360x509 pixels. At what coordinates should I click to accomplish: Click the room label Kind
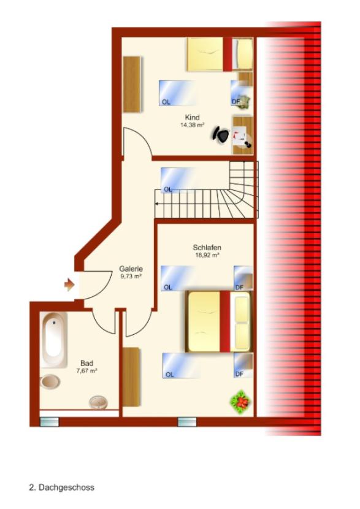click(x=192, y=117)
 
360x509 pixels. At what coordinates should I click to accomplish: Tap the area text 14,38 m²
click(x=192, y=124)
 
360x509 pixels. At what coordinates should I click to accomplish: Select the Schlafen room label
click(x=207, y=248)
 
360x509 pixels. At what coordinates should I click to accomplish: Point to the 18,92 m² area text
click(x=207, y=255)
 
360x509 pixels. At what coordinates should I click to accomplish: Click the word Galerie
click(x=131, y=269)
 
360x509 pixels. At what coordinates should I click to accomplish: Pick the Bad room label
click(x=87, y=363)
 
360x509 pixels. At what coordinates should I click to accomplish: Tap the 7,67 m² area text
click(x=87, y=371)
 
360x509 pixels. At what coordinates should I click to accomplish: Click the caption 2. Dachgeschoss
click(x=62, y=488)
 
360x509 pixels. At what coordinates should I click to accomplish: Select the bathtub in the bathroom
click(x=53, y=340)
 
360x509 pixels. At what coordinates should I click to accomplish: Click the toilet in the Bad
click(x=50, y=381)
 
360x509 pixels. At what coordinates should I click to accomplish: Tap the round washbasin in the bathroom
click(x=98, y=402)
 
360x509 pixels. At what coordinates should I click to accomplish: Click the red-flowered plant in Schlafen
click(x=240, y=402)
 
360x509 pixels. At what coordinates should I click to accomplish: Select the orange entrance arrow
click(x=69, y=285)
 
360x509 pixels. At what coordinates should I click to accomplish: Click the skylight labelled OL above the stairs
click(x=178, y=180)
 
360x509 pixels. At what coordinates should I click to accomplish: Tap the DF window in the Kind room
click(x=241, y=93)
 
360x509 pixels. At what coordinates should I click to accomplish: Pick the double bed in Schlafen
click(x=219, y=322)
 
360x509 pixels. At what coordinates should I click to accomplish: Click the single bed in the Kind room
click(x=220, y=54)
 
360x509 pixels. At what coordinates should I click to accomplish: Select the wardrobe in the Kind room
click(x=132, y=85)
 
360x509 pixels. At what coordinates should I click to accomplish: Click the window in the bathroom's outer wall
click(x=49, y=422)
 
